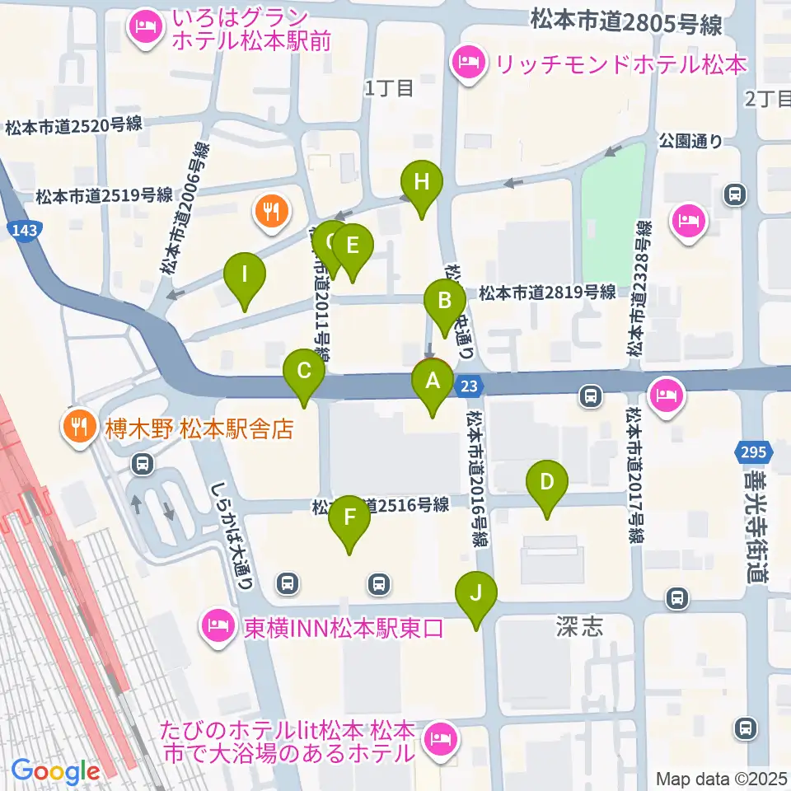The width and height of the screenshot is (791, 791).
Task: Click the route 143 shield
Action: (25, 230)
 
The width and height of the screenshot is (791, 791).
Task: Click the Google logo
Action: (55, 772)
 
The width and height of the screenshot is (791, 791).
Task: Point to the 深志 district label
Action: (579, 628)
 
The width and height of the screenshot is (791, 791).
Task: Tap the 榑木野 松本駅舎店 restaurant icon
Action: (79, 426)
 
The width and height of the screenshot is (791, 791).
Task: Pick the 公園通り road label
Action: (690, 141)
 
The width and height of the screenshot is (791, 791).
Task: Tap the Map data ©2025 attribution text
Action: (721, 778)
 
